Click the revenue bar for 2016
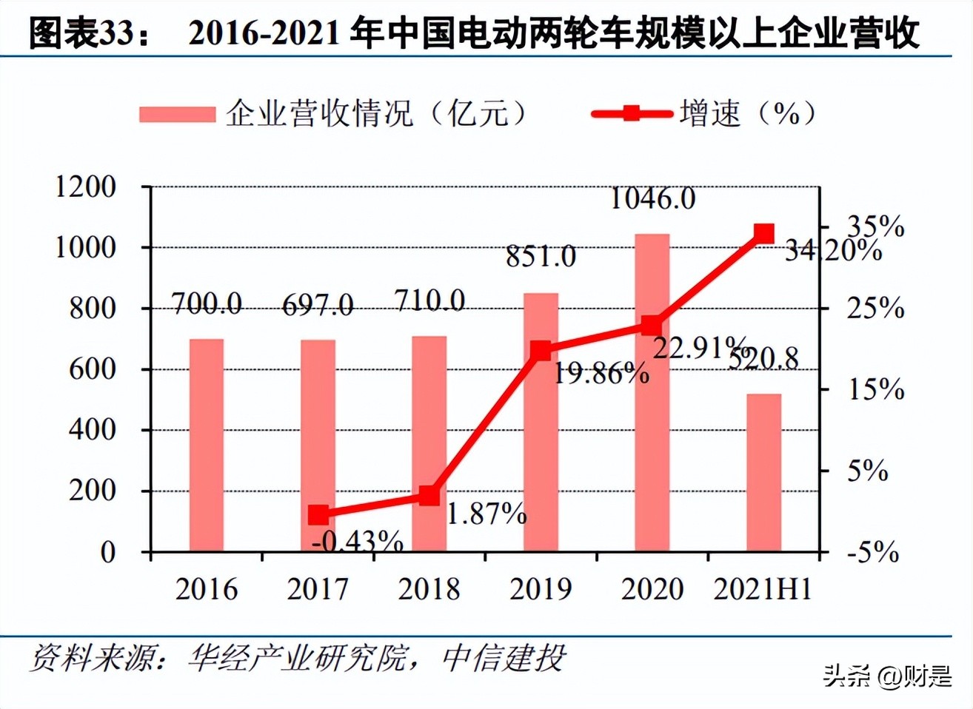tap(207, 445)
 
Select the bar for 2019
tap(541, 422)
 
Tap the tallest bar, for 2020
tap(652, 392)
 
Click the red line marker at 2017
tap(318, 515)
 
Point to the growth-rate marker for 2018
tap(429, 496)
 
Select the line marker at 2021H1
tap(763, 234)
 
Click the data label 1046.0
tap(652, 198)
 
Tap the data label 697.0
tap(318, 304)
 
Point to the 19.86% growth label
tap(601, 373)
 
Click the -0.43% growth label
tap(358, 542)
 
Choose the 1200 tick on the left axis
tap(86, 187)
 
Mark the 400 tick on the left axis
tap(93, 430)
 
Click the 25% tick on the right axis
tap(875, 308)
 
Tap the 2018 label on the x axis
tap(429, 589)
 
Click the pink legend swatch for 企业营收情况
tap(177, 114)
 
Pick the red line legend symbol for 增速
tap(631, 113)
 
